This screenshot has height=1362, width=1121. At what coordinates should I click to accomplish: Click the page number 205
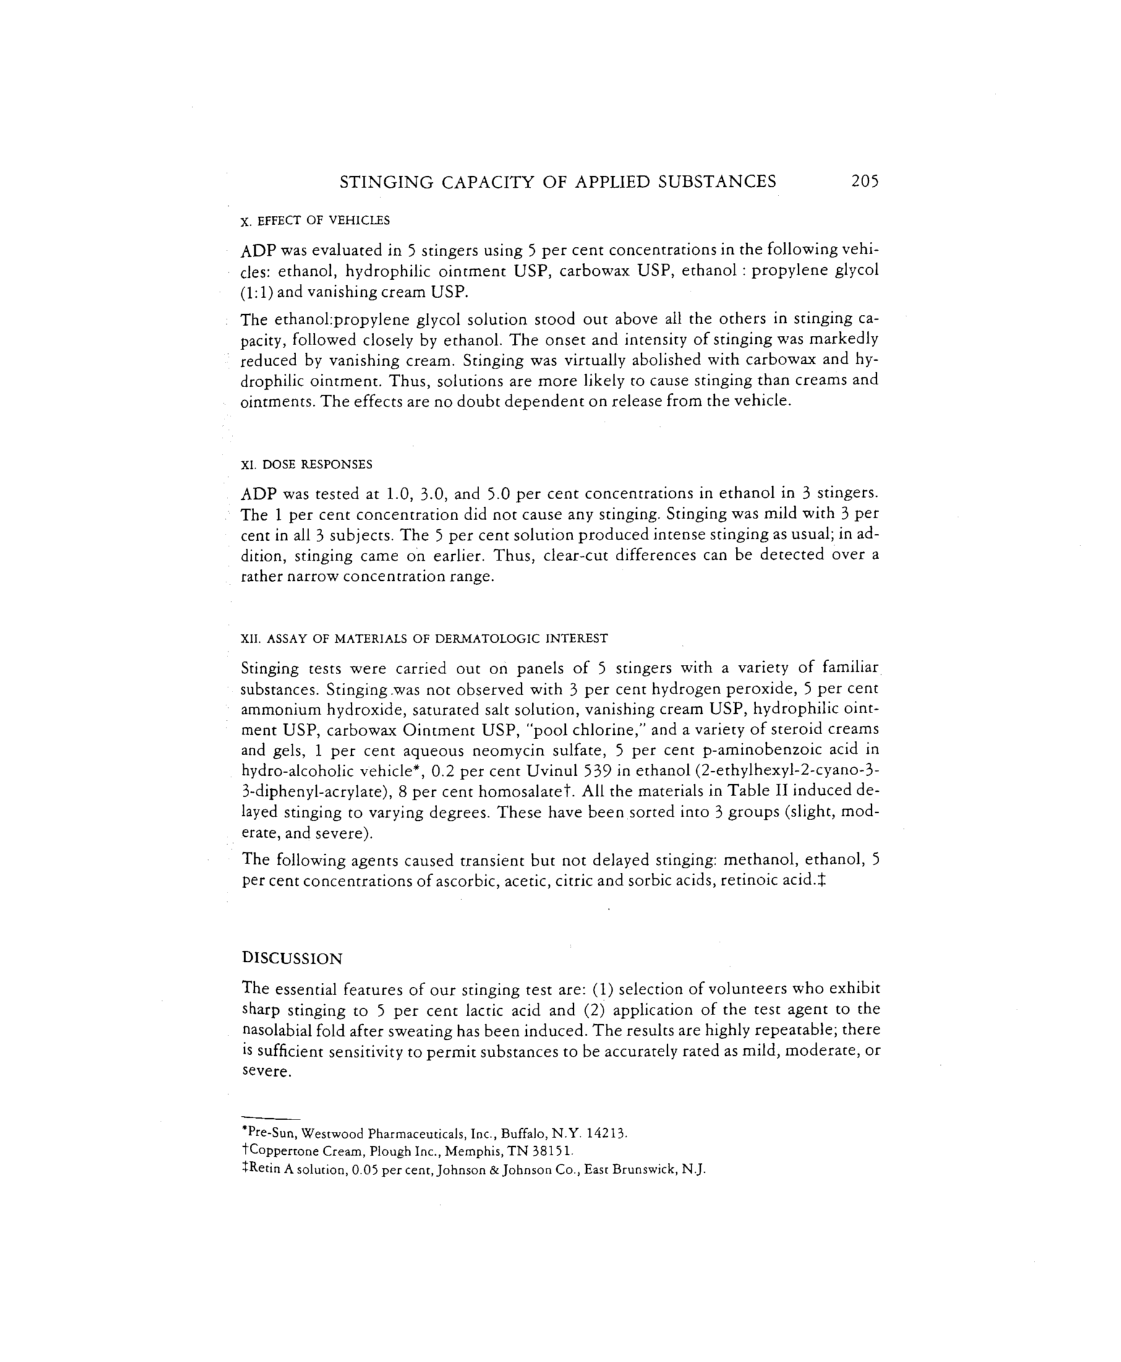pos(864,181)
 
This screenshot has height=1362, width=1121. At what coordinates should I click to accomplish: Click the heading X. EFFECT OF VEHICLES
pos(315,221)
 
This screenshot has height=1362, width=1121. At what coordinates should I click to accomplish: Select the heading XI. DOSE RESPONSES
pos(307,465)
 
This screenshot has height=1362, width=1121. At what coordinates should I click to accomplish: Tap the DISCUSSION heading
pos(292,958)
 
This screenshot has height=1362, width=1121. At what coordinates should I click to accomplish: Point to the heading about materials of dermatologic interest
pos(424,639)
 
